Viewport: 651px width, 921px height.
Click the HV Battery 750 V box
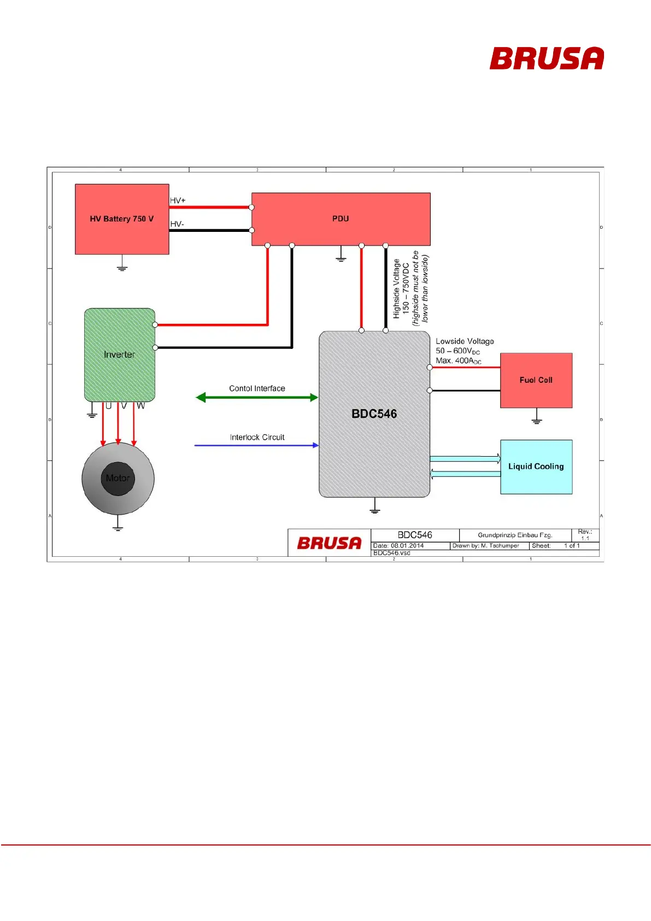(121, 219)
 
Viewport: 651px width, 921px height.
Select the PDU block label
(341, 219)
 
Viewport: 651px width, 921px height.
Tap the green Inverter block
(120, 354)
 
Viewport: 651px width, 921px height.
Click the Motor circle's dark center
(118, 479)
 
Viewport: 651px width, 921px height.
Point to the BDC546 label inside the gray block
(374, 414)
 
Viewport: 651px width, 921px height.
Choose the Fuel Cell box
(536, 380)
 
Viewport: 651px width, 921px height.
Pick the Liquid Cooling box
(536, 467)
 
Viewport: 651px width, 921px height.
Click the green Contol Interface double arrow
(257, 398)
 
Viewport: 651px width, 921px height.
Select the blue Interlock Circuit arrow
(257, 445)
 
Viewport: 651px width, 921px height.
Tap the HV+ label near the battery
(178, 201)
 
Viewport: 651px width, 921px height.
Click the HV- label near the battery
(177, 224)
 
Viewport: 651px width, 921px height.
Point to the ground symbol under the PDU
(341, 258)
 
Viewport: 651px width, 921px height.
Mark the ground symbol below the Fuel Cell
(537, 419)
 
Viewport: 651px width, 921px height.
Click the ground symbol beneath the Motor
(118, 527)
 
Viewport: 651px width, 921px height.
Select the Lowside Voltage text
(465, 341)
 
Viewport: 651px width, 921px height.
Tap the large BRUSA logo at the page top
(547, 59)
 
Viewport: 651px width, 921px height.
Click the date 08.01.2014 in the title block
(407, 546)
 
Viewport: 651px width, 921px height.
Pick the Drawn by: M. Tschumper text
(485, 546)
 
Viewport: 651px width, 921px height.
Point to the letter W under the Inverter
(141, 406)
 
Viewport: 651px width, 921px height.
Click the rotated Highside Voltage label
(397, 289)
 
